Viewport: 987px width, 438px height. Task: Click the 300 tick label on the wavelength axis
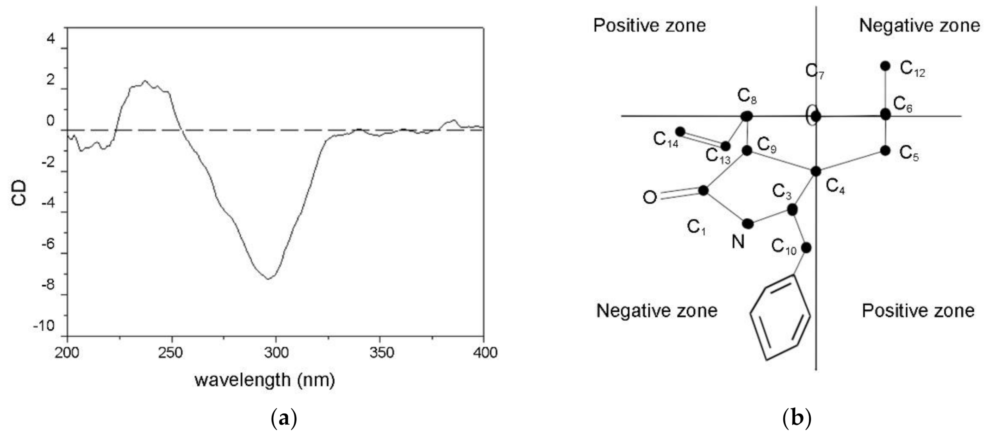click(276, 352)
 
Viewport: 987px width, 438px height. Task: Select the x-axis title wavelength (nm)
click(265, 380)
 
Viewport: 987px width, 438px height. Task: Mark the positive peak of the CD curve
click(145, 81)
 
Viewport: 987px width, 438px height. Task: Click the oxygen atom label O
click(650, 198)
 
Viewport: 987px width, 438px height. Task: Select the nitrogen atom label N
click(738, 242)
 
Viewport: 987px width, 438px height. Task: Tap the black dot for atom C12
click(885, 66)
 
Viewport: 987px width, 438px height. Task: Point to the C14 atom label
click(666, 140)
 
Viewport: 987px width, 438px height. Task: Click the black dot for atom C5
click(885, 151)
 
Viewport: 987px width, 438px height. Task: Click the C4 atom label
click(835, 187)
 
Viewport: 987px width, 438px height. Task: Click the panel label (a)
click(284, 419)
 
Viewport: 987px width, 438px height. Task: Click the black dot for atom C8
click(747, 116)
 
